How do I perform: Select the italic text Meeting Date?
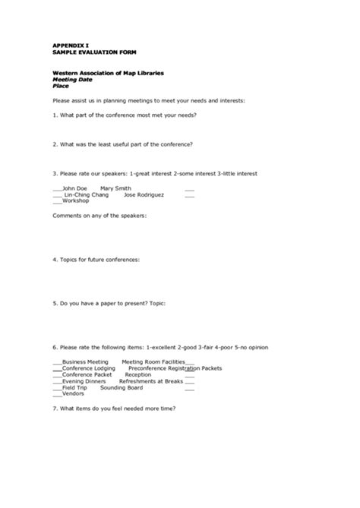(x=74, y=78)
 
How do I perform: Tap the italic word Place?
(x=61, y=85)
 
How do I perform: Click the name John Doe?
(x=74, y=188)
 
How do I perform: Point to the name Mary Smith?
(x=115, y=188)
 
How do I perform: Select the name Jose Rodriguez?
(x=144, y=194)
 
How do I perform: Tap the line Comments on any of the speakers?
(x=99, y=215)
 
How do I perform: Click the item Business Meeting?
(x=85, y=362)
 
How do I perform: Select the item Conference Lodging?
(x=88, y=368)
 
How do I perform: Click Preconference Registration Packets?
(x=175, y=368)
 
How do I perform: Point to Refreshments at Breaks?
(x=151, y=381)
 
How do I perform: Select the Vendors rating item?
(x=73, y=393)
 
